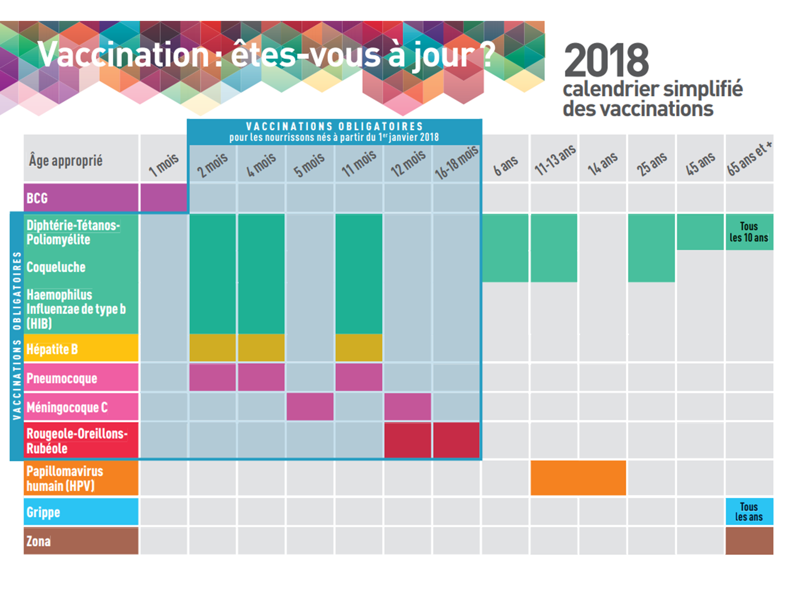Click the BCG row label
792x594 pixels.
(37, 198)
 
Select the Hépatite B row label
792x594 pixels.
(52, 349)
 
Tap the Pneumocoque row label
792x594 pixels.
(62, 378)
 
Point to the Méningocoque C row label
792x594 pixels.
(67, 407)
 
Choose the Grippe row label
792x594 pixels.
(43, 512)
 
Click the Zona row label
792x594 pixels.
(39, 541)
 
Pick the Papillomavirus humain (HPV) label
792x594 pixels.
(65, 478)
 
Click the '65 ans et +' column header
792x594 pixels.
(749, 159)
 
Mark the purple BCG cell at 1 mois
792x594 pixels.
(164, 198)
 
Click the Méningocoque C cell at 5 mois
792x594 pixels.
(310, 406)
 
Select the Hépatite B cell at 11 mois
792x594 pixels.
(359, 348)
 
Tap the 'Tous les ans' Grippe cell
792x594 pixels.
(749, 512)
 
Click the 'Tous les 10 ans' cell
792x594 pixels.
(749, 232)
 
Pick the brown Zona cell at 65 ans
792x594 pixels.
(749, 541)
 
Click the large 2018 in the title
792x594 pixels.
(606, 60)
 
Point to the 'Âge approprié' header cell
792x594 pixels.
(66, 160)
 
